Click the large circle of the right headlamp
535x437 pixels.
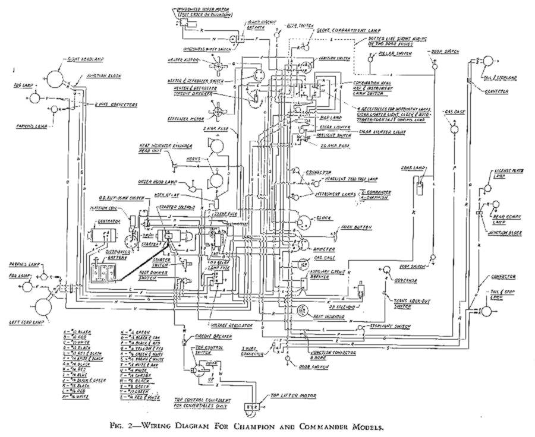click(55, 77)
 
